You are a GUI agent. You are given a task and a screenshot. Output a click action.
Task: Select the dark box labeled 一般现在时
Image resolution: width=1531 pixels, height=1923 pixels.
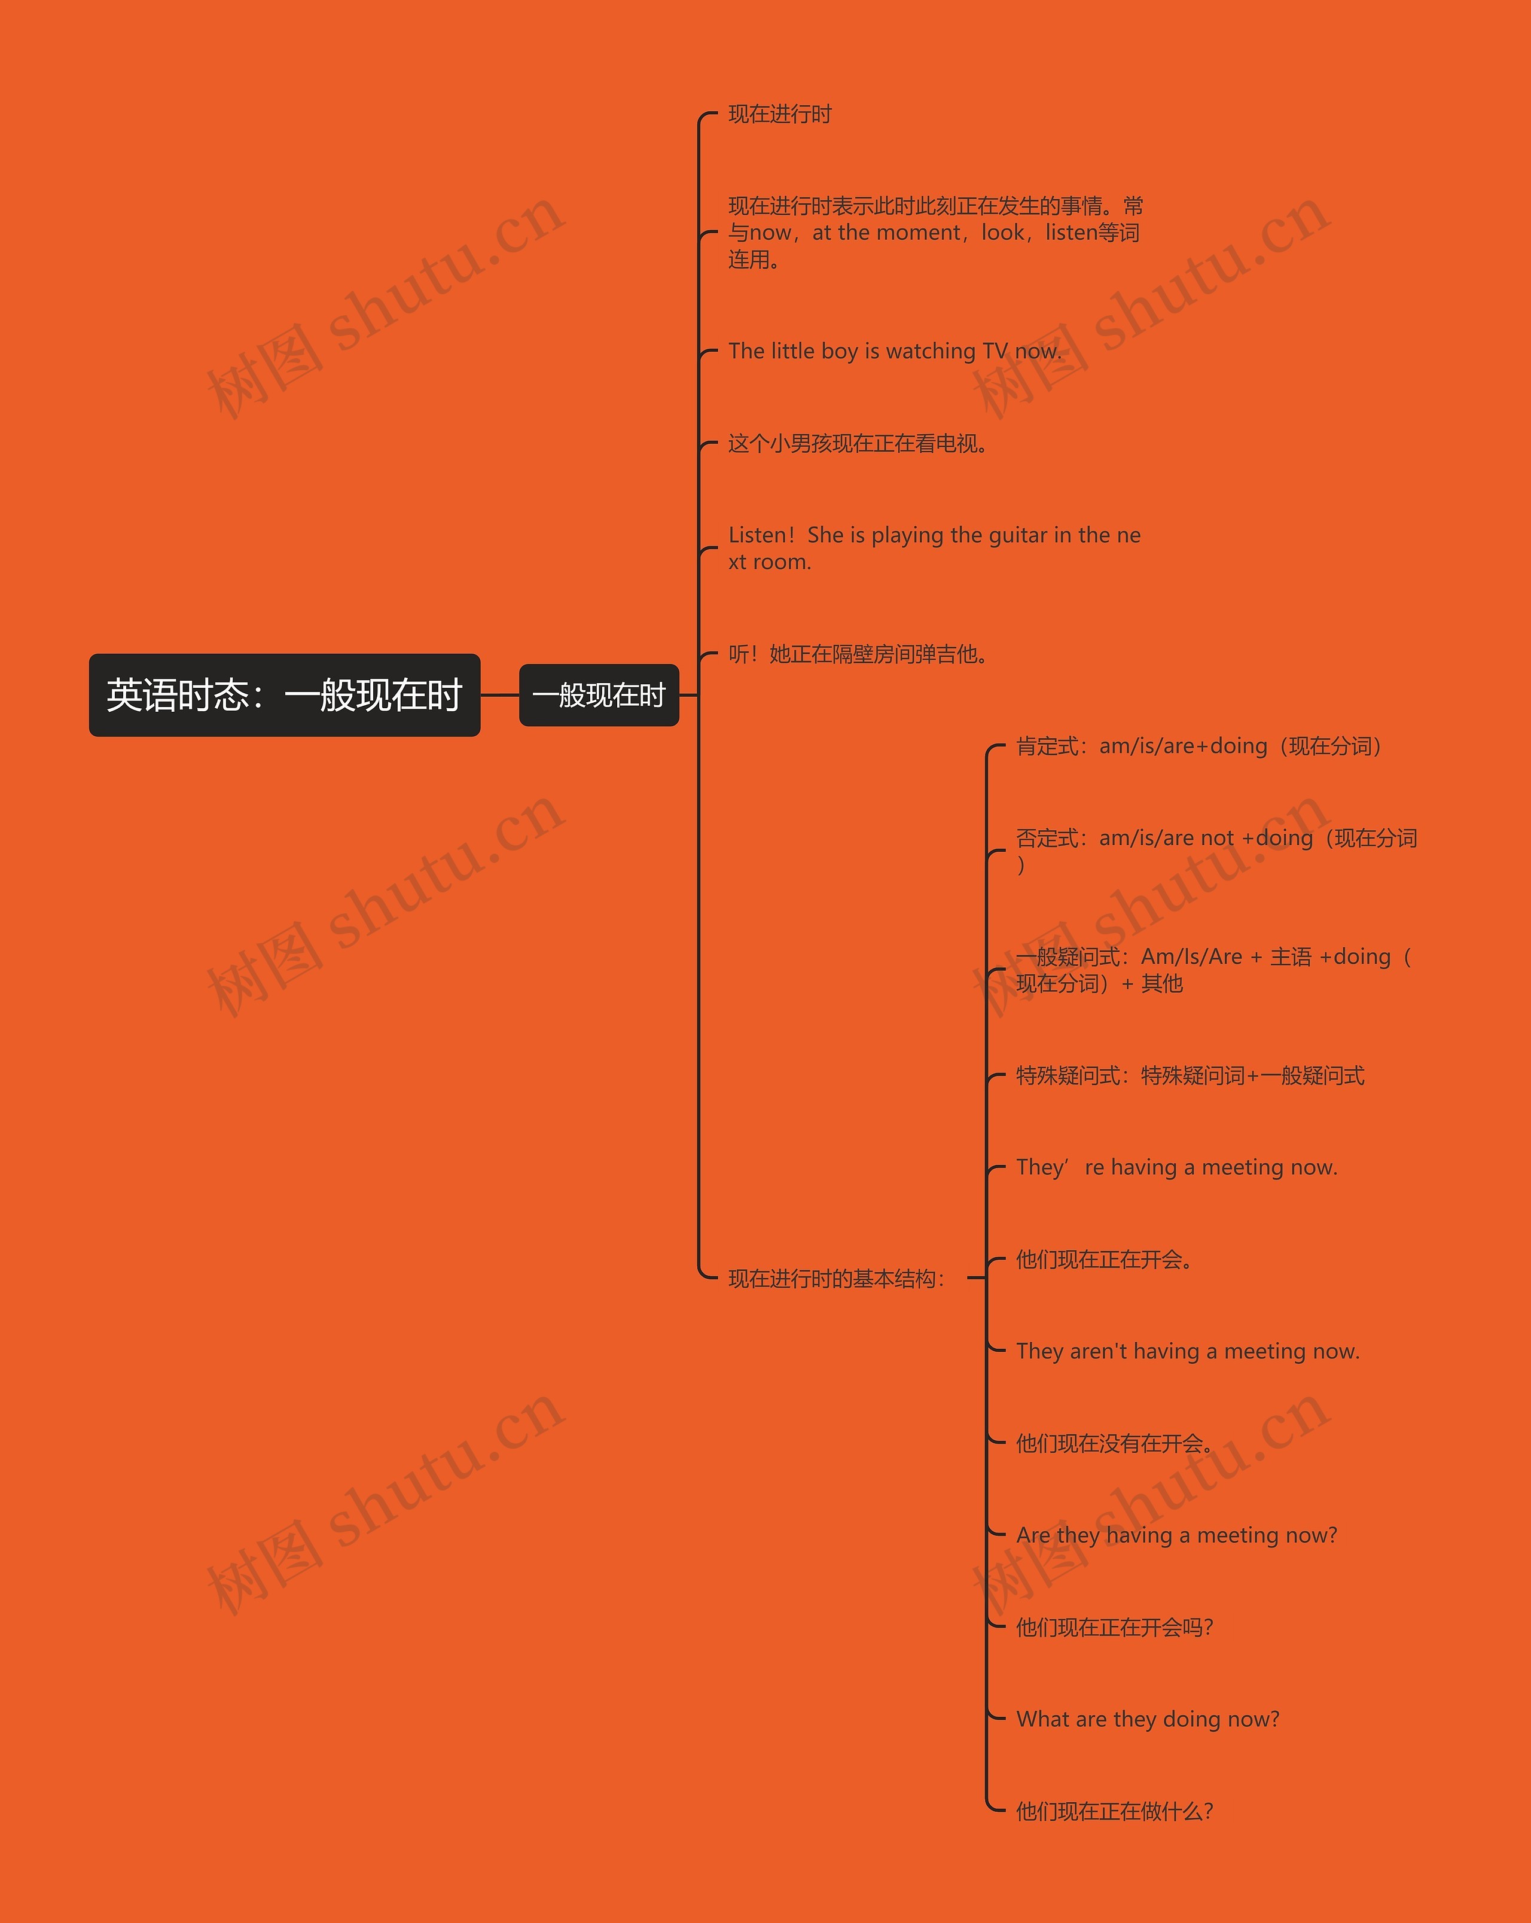pos(598,695)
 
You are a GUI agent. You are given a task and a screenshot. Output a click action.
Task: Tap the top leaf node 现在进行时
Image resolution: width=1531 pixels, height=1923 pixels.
pos(779,114)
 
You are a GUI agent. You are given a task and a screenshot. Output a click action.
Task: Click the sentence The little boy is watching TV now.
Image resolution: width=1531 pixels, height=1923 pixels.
pos(894,352)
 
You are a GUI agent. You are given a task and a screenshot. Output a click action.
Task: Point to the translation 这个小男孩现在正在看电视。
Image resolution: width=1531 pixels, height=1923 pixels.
pos(858,443)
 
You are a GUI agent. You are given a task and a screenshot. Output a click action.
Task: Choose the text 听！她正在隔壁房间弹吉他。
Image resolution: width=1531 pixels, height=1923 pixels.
pos(858,655)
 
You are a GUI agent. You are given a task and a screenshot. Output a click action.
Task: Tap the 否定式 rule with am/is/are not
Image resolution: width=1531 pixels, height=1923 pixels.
pos(1216,839)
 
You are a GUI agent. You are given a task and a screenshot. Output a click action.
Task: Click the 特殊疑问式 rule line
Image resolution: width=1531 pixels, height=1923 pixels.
pos(1190,1075)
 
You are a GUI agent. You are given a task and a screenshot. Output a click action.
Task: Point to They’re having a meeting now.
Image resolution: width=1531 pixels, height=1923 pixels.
pos(1176,1168)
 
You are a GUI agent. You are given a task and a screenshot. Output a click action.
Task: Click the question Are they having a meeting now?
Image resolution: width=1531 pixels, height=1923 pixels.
pos(1176,1535)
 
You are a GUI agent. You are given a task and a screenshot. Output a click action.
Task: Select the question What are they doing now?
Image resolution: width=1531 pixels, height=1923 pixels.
pos(1148,1719)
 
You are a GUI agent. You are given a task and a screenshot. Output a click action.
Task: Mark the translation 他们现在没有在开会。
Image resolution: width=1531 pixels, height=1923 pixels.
pos(1115,1443)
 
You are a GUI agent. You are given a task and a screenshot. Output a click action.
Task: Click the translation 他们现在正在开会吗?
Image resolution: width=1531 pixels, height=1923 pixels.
pos(1115,1627)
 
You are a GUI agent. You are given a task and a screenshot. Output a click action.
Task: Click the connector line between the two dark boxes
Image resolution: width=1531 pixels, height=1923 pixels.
pos(499,695)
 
